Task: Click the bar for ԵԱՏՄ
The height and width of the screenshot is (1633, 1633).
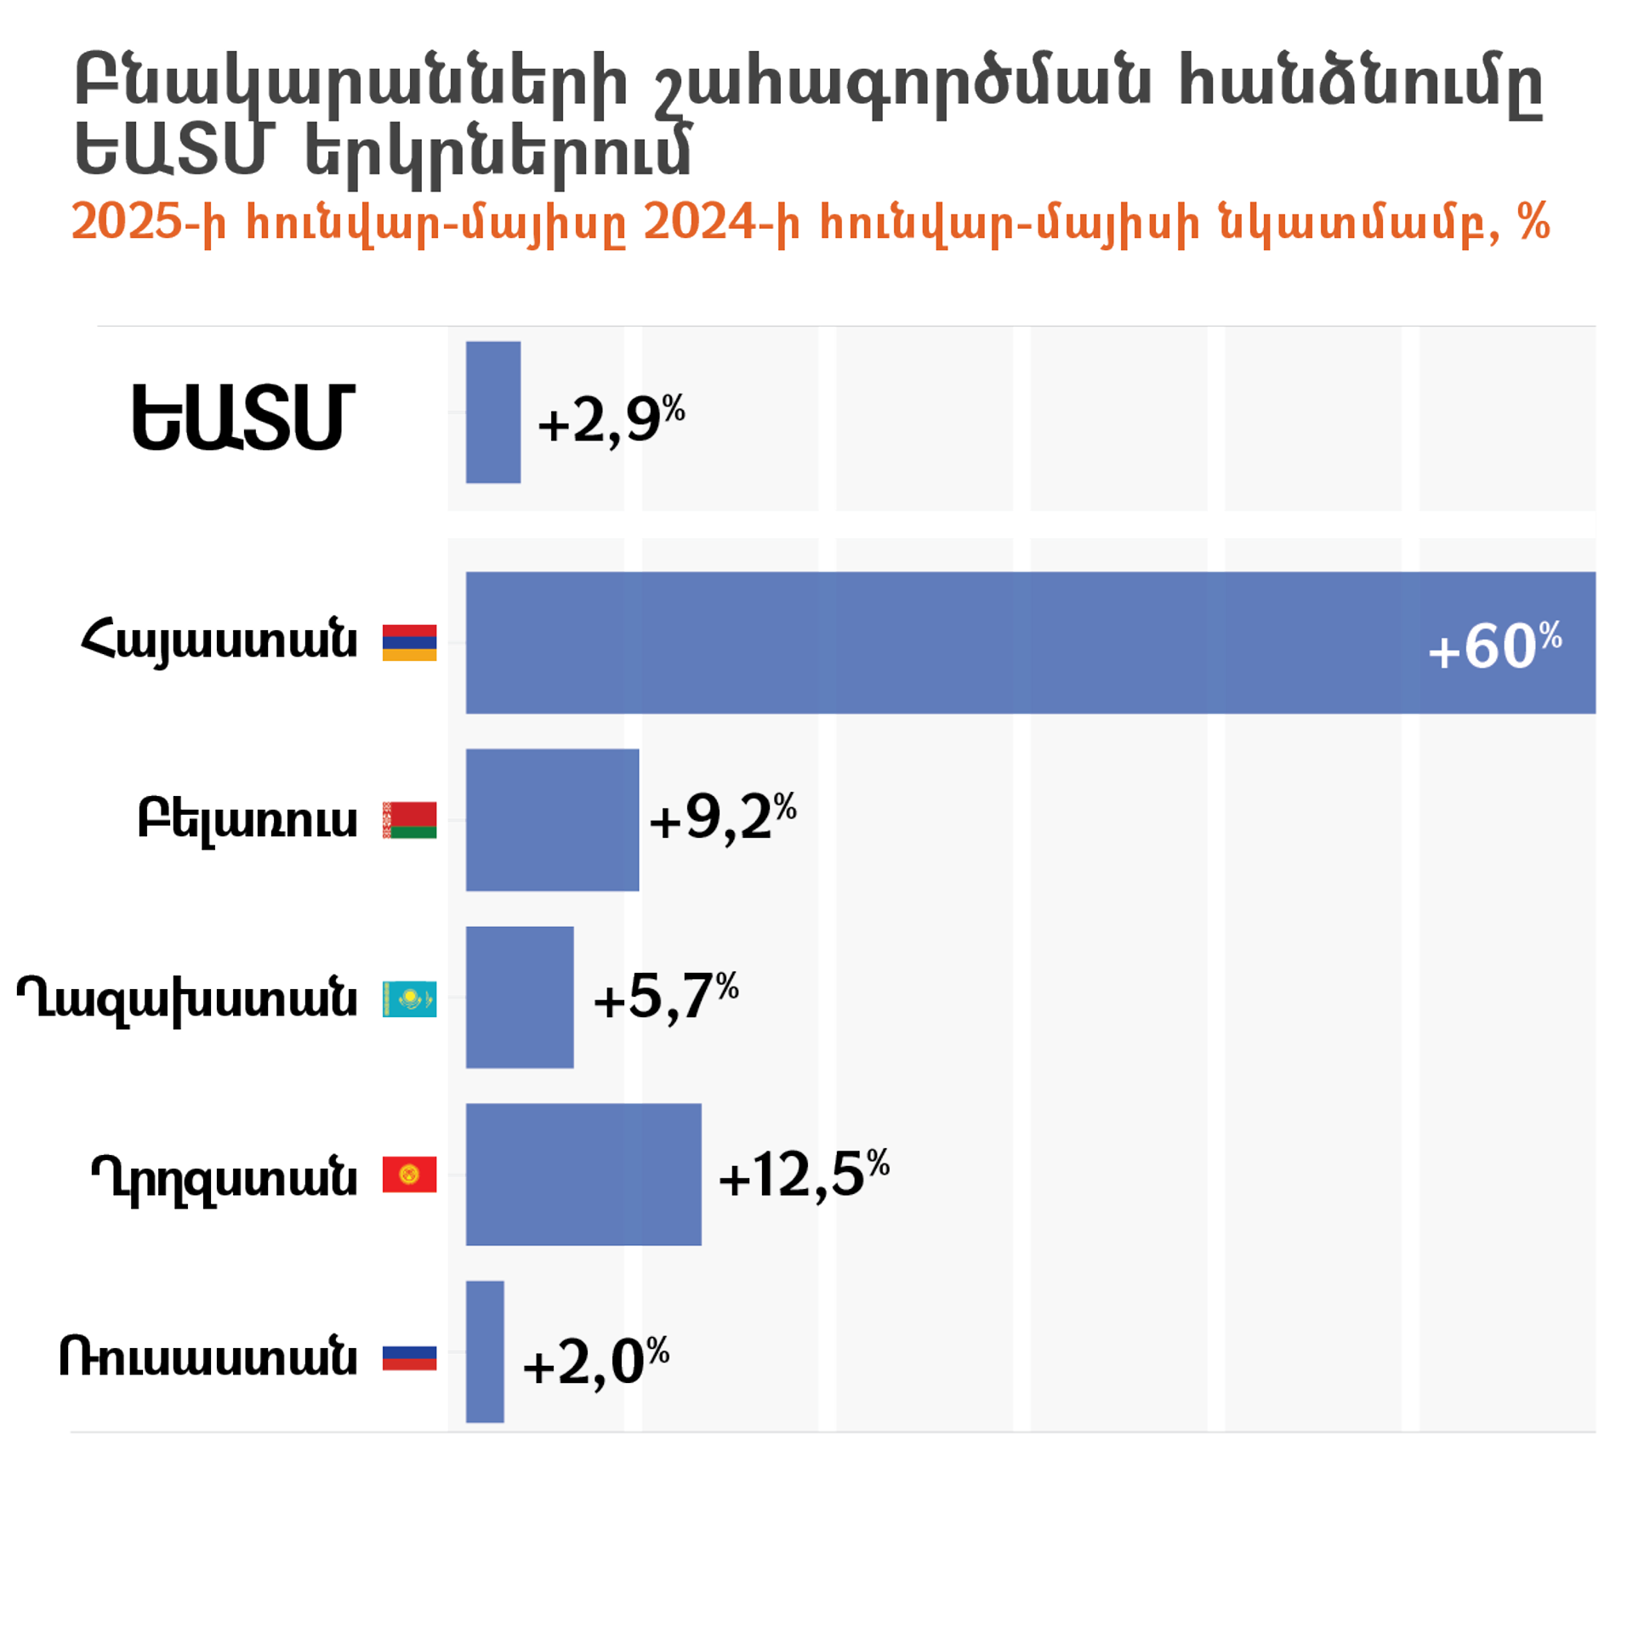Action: pos(492,412)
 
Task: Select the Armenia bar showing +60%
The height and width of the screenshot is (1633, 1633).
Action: pos(1030,642)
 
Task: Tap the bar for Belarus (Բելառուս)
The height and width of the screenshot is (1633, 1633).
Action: pos(552,820)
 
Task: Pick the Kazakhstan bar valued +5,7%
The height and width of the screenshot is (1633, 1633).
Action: pos(520,997)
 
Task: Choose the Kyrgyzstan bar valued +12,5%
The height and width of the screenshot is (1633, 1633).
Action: pos(583,1175)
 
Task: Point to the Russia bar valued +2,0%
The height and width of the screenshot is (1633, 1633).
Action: pos(485,1352)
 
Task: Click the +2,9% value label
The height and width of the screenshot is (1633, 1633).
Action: pos(612,419)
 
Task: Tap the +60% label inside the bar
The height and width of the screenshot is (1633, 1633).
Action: pos(1495,646)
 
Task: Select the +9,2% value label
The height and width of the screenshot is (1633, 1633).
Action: pos(723,817)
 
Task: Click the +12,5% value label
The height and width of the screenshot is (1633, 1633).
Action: pos(804,1175)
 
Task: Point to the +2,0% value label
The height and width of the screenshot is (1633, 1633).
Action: pos(596,1363)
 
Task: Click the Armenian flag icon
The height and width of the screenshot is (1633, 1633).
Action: pos(409,642)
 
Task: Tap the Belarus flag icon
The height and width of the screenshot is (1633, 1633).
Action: pos(409,820)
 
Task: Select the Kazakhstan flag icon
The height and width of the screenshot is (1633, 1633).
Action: pos(409,999)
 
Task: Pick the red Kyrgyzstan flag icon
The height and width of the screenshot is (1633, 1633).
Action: pos(409,1175)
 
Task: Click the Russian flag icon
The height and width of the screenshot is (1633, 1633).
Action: pos(409,1357)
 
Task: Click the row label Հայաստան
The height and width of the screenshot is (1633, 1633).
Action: pos(219,642)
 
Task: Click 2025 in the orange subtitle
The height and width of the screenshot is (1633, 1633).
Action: pos(127,222)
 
